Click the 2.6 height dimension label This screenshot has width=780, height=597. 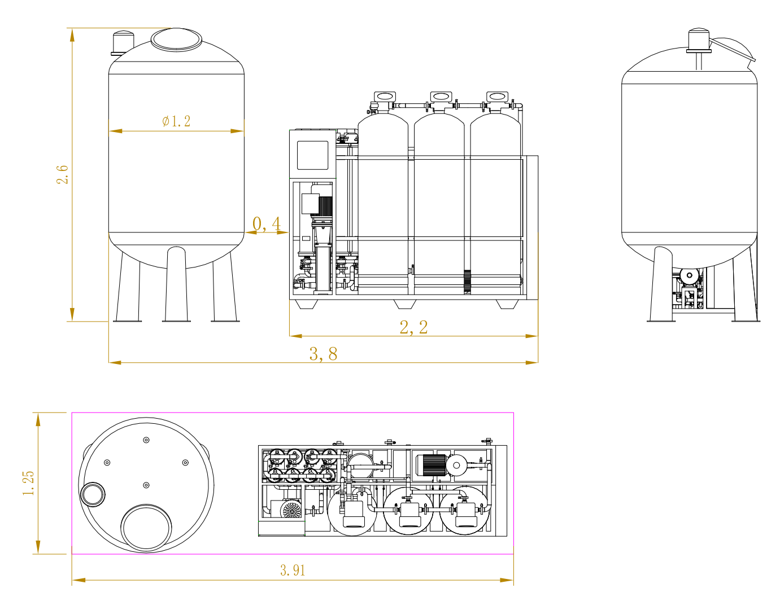tap(62, 174)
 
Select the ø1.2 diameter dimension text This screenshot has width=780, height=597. tap(176, 121)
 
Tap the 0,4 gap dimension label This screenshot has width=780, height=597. tap(267, 224)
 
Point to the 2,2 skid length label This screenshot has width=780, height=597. tap(413, 327)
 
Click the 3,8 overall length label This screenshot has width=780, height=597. tap(323, 354)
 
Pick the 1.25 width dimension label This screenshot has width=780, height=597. tap(29, 483)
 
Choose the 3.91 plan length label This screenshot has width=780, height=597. tap(293, 570)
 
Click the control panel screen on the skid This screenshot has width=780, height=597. tap(312, 155)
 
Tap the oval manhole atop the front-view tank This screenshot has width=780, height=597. tap(176, 39)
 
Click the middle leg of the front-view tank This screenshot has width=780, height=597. tap(176, 285)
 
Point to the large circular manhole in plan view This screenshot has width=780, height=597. tap(146, 528)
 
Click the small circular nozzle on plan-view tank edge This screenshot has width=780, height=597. tap(92, 494)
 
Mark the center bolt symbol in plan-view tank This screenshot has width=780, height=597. tap(146, 485)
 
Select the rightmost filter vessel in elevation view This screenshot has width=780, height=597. tap(496, 203)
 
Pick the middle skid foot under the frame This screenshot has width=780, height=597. tap(404, 304)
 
